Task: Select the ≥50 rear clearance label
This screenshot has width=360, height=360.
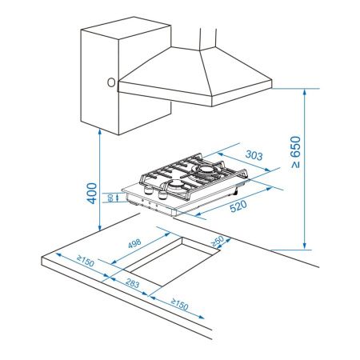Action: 218,242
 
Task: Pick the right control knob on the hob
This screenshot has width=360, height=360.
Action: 162,197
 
